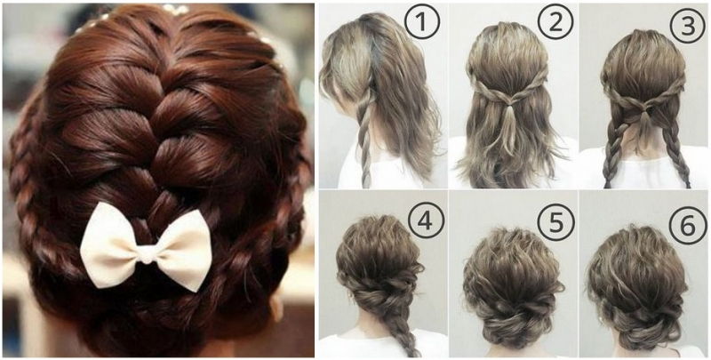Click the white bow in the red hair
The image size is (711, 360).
coord(146,246)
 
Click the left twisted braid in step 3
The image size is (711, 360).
coord(613,151)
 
